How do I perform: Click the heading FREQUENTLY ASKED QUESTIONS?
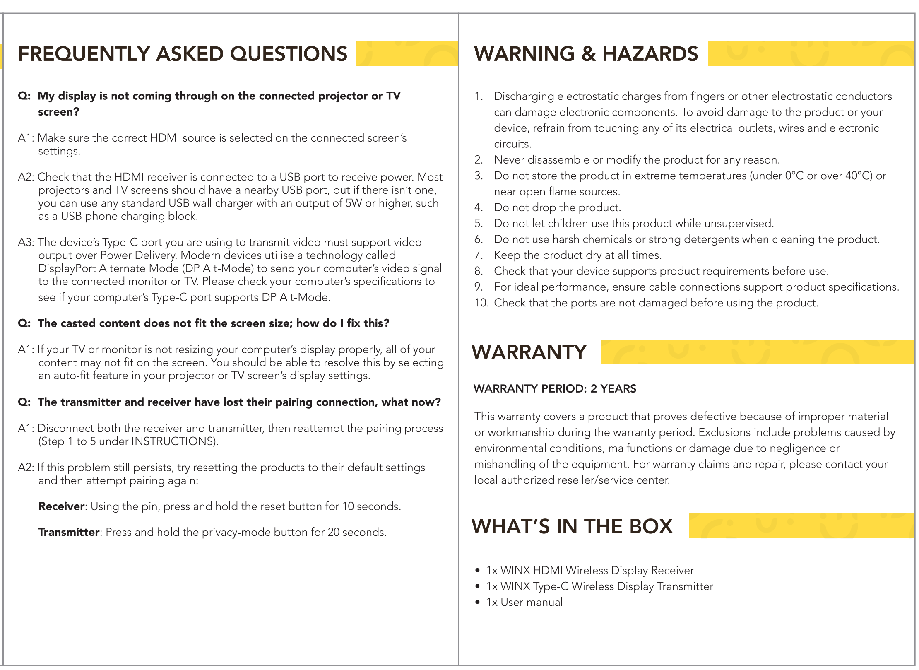coord(183,54)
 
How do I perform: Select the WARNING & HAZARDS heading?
coord(586,54)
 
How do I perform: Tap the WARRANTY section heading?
coord(529,352)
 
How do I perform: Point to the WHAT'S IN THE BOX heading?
coord(572,526)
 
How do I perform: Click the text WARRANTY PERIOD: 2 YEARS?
coord(555,388)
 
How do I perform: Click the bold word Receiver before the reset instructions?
coord(61,506)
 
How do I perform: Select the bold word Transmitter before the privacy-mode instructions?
coord(69,532)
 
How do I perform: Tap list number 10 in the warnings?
coord(481,303)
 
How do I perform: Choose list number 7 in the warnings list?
coord(479,255)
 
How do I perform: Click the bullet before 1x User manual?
coord(478,602)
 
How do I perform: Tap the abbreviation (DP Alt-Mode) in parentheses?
coord(218,268)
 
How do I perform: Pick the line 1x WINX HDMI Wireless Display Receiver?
coord(589,570)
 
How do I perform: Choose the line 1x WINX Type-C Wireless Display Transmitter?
coord(599,586)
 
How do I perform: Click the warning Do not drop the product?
coord(557,207)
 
